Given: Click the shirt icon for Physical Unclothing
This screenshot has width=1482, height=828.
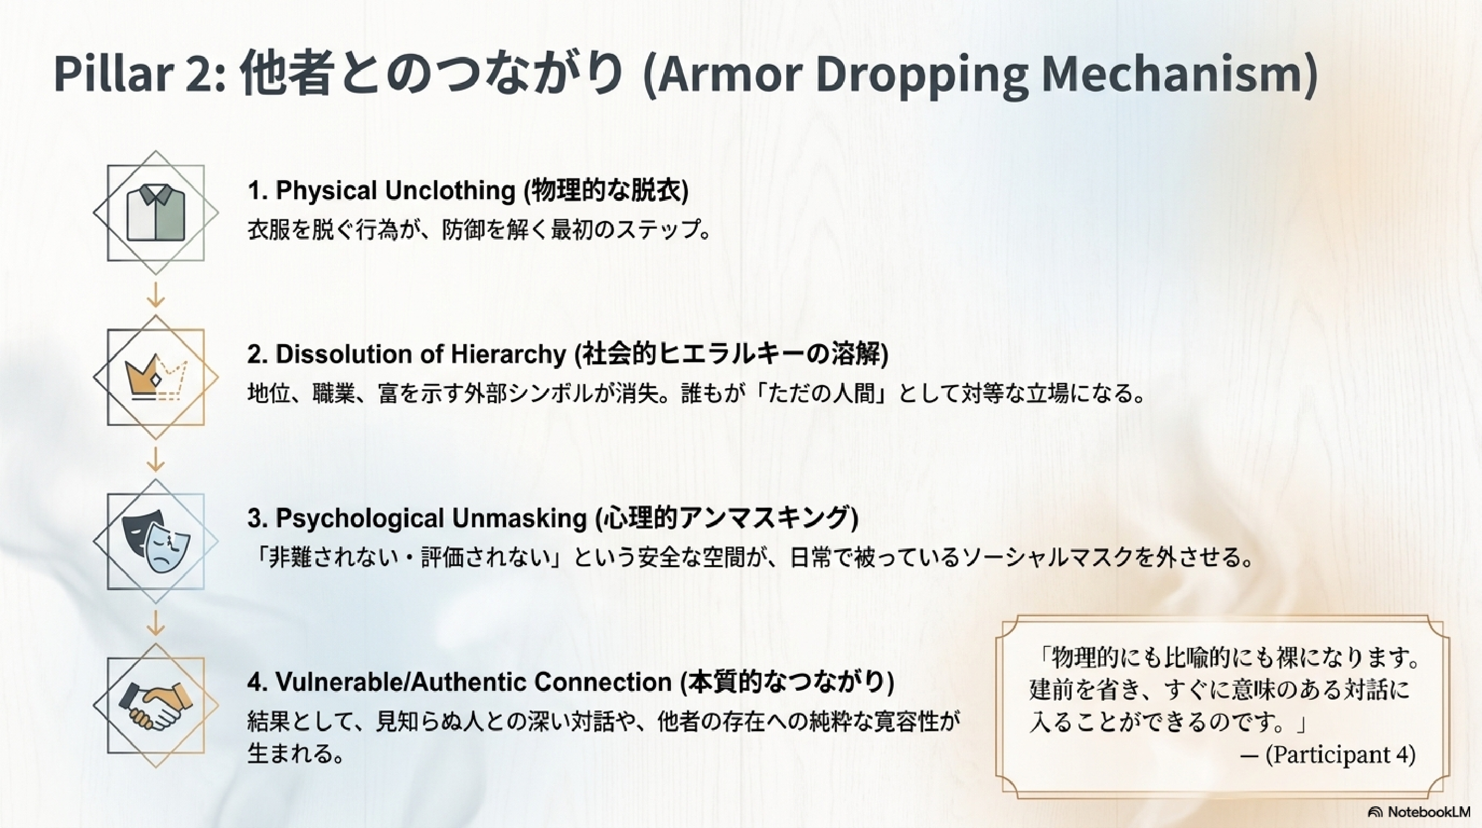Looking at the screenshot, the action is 156,213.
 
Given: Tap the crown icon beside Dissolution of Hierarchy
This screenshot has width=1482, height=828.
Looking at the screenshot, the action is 157,377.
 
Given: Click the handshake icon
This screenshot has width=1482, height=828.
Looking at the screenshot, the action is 156,706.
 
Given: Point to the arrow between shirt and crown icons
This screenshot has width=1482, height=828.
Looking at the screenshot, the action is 156,294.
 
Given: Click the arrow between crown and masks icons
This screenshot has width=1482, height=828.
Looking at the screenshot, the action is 156,459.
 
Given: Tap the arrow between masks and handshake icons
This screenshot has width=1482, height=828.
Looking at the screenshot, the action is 156,623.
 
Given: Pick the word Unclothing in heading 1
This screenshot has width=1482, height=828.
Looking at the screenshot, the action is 450,190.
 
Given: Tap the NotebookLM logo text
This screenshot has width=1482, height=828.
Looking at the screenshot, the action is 1428,812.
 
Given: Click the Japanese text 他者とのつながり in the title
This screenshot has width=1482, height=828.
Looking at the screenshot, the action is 432,73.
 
